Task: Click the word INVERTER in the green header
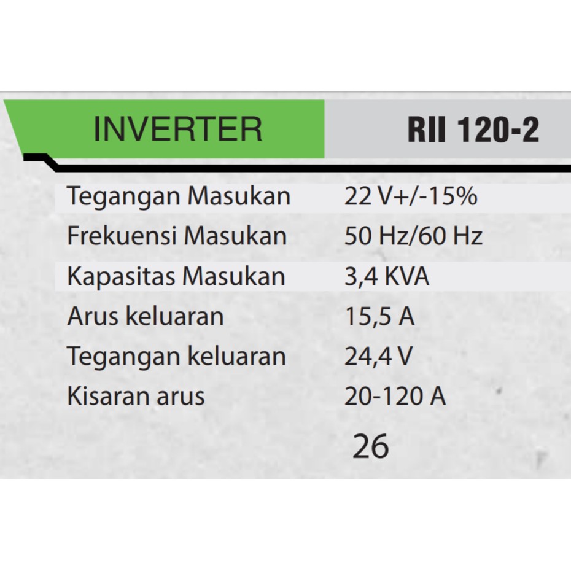tap(177, 130)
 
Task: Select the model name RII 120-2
tap(473, 130)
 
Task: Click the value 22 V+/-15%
tap(410, 197)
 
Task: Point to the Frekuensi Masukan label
tap(177, 236)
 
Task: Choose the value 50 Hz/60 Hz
tap(413, 236)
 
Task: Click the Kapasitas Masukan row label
tap(176, 276)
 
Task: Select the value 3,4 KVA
tap(386, 276)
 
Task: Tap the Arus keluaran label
tap(145, 317)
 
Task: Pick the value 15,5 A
tap(379, 317)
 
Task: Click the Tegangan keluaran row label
tap(176, 357)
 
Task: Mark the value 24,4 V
tap(378, 357)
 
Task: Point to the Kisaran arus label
tap(136, 396)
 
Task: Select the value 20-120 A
tap(395, 396)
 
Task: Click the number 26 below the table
tap(371, 447)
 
